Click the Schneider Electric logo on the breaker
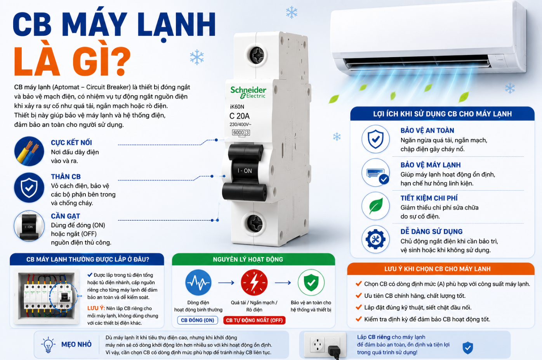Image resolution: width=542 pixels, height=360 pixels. click(x=248, y=92)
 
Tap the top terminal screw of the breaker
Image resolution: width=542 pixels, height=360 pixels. click(x=257, y=55)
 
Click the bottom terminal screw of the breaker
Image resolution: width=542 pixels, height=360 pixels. click(x=255, y=223)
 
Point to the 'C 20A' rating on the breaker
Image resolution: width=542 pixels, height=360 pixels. click(x=239, y=116)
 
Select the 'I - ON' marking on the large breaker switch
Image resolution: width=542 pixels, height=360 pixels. click(x=245, y=170)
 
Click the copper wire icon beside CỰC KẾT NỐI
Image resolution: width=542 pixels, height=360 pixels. click(x=29, y=151)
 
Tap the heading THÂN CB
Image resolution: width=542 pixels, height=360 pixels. click(x=66, y=177)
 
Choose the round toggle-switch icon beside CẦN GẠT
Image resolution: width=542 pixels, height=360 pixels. click(x=29, y=226)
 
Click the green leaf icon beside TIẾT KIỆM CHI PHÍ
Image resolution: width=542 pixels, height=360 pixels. click(x=375, y=206)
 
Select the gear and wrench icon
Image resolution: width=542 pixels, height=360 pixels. click(x=375, y=239)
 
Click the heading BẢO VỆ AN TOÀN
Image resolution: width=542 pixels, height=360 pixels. click(x=427, y=130)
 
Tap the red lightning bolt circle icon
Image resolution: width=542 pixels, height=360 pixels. click(x=254, y=283)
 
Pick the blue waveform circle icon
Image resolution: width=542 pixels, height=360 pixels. click(x=198, y=283)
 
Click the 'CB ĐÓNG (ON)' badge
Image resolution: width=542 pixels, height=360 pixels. click(x=198, y=320)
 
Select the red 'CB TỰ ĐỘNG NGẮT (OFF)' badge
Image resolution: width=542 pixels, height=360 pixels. click(x=254, y=320)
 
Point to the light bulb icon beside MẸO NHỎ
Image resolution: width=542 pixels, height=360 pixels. click(x=48, y=344)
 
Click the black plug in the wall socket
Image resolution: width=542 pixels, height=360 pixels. click(x=334, y=352)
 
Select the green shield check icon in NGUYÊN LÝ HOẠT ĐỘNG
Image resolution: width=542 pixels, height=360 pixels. click(x=311, y=283)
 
